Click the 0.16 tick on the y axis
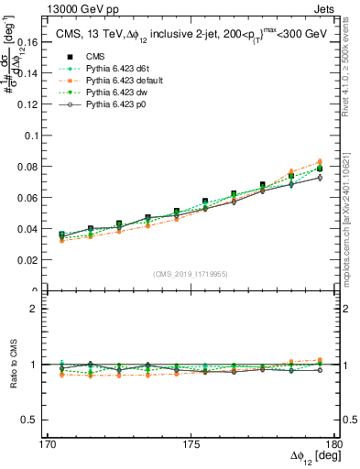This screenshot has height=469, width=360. pos(38,42)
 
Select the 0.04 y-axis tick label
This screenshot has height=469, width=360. pos(38,229)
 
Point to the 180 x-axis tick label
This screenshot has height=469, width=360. pos(333,444)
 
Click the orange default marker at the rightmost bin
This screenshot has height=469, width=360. pos(320,162)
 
